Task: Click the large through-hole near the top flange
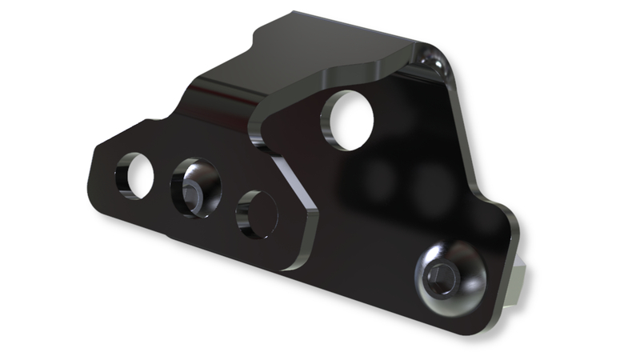point(350,122)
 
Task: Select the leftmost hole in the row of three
point(136,175)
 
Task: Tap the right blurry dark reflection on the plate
point(432,184)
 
